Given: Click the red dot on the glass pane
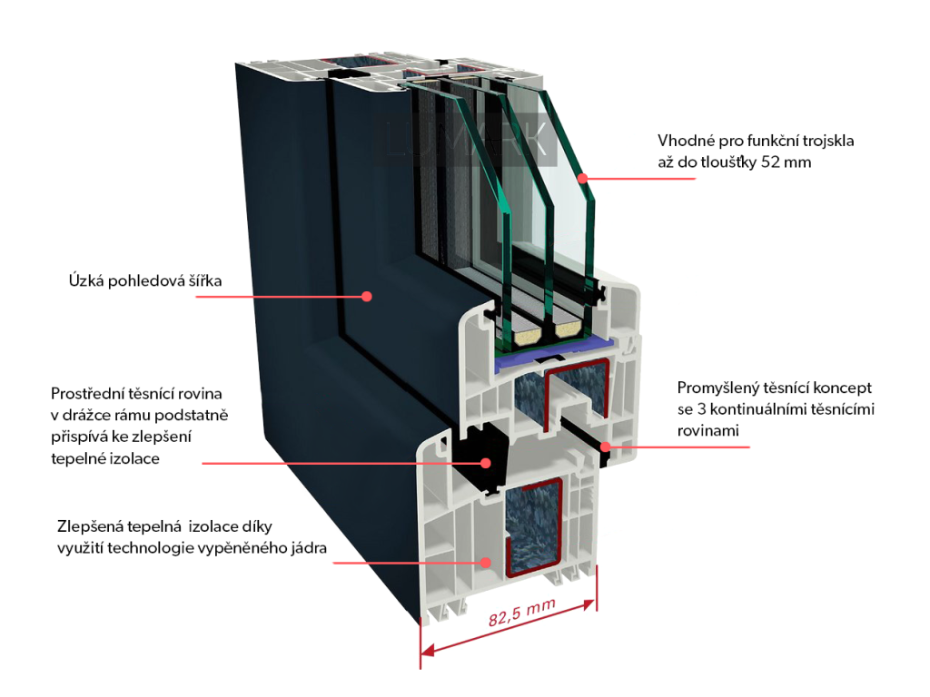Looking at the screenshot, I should (x=580, y=178).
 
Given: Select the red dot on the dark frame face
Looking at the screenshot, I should (x=367, y=296).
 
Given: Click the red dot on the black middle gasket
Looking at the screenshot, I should (x=486, y=463).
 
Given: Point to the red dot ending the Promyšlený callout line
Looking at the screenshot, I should (x=605, y=446).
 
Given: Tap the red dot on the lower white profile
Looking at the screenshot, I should (x=486, y=563).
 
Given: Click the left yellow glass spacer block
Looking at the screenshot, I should (x=525, y=338).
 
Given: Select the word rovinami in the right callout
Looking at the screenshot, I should (x=708, y=431).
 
